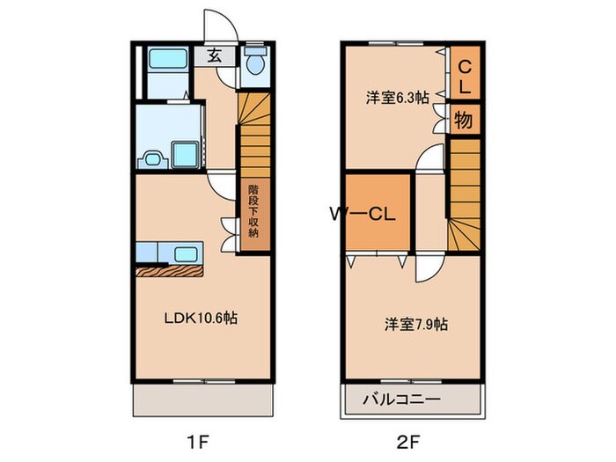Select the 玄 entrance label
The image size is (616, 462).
[x=214, y=55]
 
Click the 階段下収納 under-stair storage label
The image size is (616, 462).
[x=253, y=211]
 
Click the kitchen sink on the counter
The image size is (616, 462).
[x=186, y=255]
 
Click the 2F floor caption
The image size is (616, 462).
[x=411, y=437]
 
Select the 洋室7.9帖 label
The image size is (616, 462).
[x=414, y=324]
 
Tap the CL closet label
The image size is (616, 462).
[x=466, y=73]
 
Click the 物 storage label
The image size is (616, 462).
[x=464, y=120]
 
